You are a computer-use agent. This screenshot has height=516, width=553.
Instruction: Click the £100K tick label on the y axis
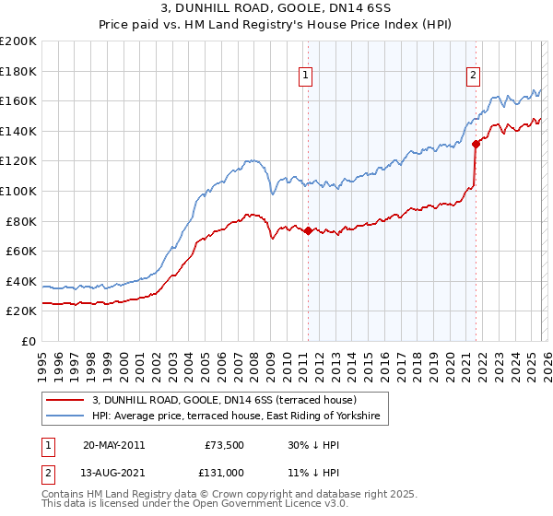click(x=18, y=191)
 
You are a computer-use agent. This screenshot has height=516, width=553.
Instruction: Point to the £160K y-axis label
click(x=18, y=100)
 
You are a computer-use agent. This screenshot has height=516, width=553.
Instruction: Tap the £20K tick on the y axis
click(x=21, y=311)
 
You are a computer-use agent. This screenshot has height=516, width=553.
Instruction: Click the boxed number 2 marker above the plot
click(x=473, y=76)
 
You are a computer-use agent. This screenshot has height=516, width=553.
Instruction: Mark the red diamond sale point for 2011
click(x=308, y=231)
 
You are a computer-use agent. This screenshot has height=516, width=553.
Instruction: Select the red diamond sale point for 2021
click(x=476, y=144)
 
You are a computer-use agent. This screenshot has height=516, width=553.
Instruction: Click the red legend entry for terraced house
click(x=230, y=400)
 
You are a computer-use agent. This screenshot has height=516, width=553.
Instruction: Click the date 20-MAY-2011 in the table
click(x=113, y=445)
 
